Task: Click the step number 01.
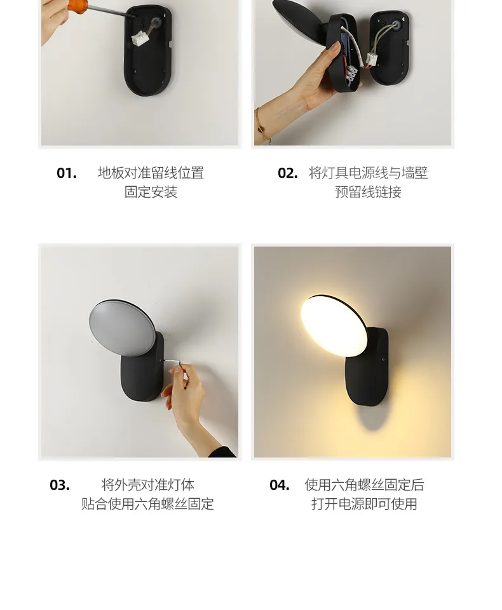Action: [67, 173]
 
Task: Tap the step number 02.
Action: [288, 173]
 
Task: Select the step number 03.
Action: [60, 485]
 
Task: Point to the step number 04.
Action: [280, 485]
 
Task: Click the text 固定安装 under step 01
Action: [151, 192]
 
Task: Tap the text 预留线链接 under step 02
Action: [368, 192]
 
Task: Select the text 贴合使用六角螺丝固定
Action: [147, 504]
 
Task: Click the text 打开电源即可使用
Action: [364, 504]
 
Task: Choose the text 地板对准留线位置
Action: [151, 173]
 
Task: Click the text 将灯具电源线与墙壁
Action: [368, 173]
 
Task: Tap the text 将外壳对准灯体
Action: [147, 485]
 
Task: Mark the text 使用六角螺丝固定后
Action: [364, 485]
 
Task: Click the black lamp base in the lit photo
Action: [369, 375]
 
